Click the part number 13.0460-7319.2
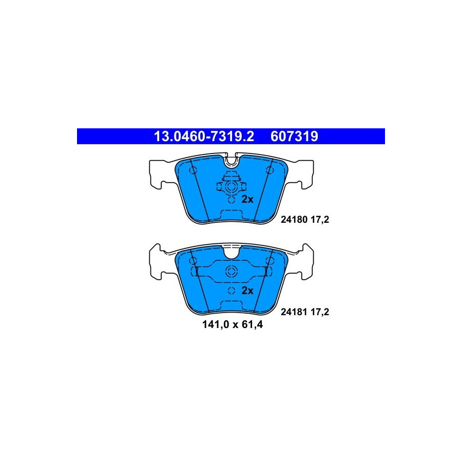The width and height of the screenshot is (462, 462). [204, 137]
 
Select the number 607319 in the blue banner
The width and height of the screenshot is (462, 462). [294, 137]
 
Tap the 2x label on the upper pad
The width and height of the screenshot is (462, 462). [247, 200]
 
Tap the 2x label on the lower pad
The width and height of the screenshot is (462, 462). [247, 291]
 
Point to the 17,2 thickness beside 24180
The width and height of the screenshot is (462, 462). [320, 220]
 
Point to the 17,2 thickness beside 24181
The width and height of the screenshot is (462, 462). [320, 312]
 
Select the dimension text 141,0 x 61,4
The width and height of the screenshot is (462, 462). [233, 325]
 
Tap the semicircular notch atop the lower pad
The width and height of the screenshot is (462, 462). [232, 253]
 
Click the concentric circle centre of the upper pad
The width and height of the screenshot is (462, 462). [232, 187]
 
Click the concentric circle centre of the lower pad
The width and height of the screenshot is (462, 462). [232, 272]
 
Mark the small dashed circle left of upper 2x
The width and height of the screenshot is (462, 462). [232, 200]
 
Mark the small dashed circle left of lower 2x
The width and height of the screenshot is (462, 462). [232, 291]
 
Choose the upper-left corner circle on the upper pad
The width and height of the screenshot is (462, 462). [193, 170]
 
